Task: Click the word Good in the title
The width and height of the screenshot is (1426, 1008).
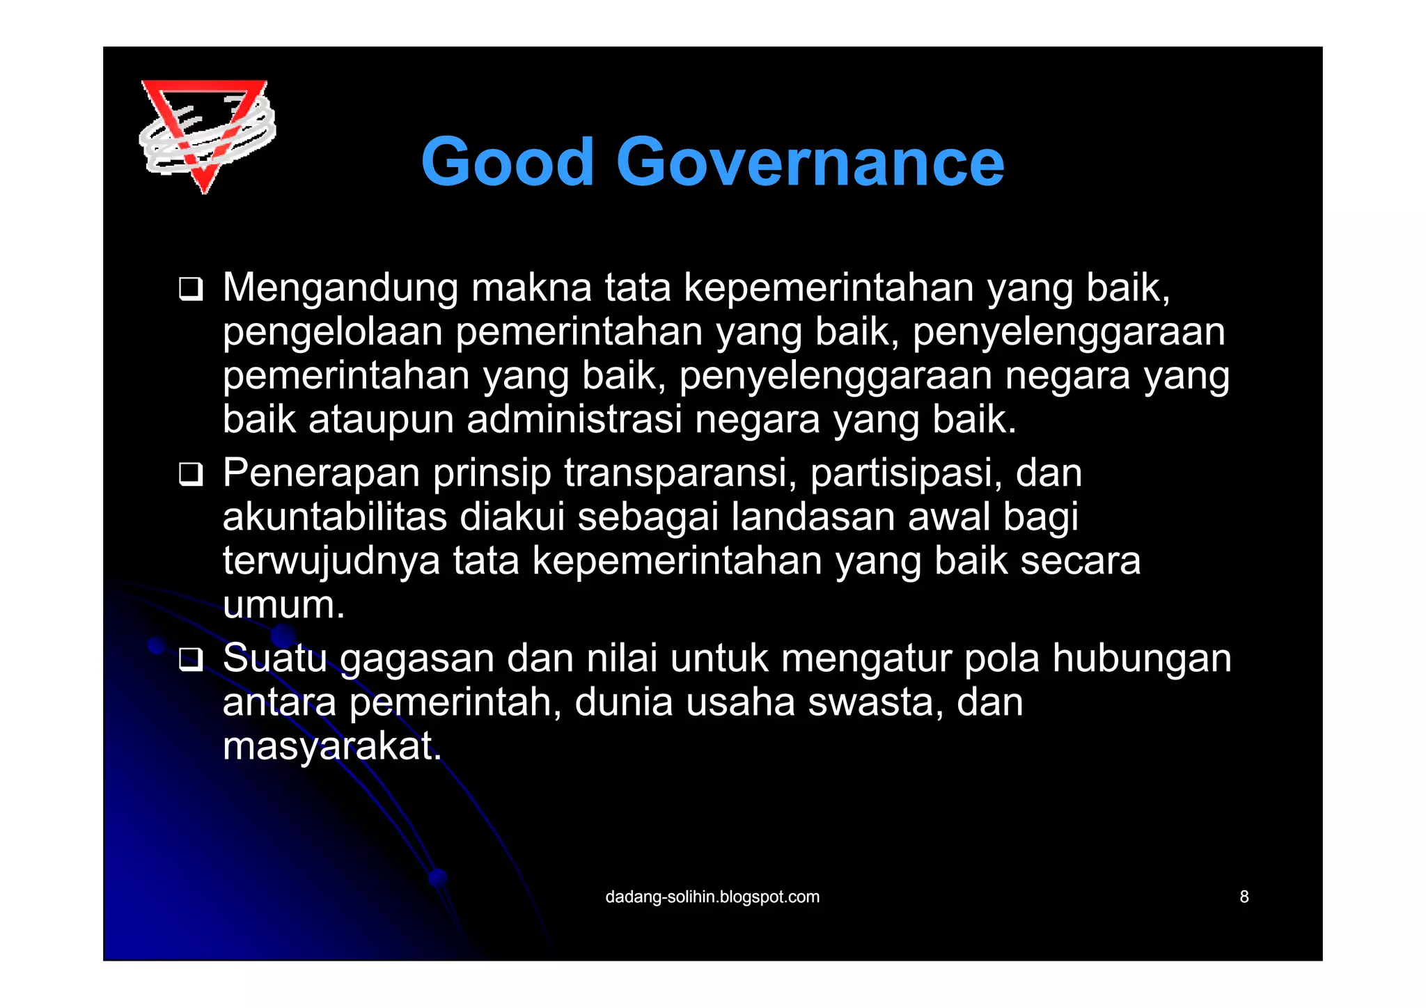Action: pos(508,162)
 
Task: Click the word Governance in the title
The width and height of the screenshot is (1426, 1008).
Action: pos(810,162)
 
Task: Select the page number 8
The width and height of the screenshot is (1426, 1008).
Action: pos(1244,897)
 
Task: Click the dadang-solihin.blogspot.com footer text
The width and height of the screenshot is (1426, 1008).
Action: pos(712,897)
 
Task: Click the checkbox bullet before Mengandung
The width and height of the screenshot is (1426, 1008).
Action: pos(190,289)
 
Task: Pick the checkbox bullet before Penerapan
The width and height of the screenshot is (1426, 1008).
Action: pos(190,474)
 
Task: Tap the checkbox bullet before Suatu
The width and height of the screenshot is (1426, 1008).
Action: pos(190,659)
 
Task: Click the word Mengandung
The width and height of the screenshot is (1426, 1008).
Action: pos(340,288)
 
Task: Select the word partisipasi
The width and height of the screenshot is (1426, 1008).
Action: pos(906,473)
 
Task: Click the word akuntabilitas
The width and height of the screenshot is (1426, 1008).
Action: pos(335,517)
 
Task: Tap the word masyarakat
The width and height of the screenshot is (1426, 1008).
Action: pos(332,746)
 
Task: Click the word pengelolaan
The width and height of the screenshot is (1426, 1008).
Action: pos(333,333)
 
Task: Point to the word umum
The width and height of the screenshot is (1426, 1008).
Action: pos(283,606)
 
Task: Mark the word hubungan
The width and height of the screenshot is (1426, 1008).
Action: pos(1142,659)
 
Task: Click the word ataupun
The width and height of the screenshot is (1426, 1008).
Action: pos(381,421)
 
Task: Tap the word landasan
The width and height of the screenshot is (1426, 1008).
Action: pos(813,517)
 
